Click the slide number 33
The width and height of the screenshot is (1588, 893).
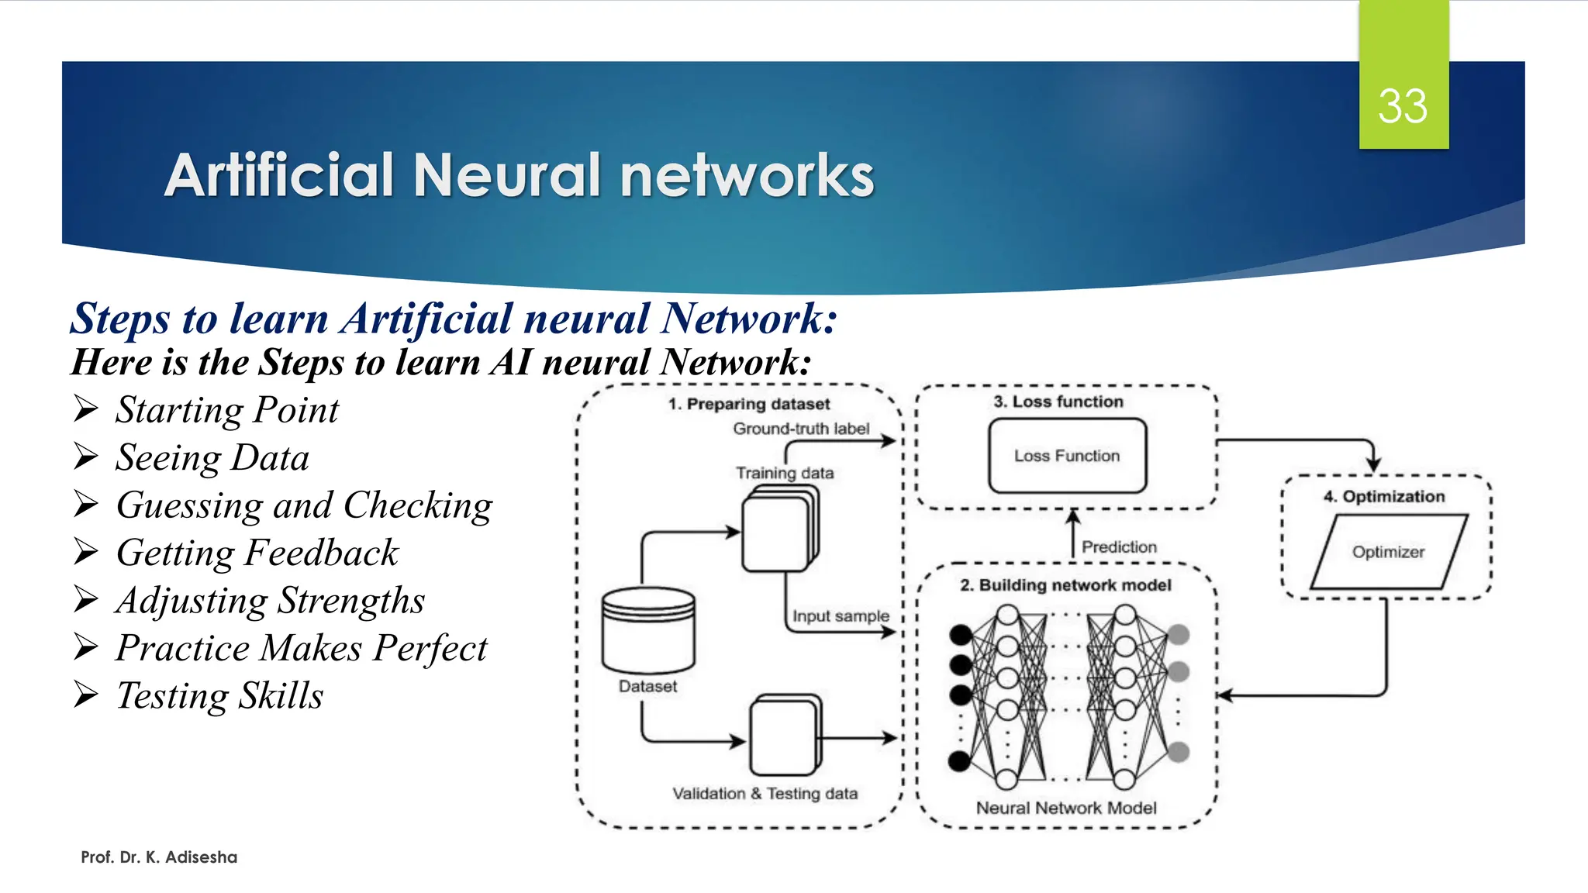(x=1402, y=106)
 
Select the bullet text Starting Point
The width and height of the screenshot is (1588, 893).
(x=226, y=410)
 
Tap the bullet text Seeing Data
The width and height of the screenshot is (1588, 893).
(x=212, y=457)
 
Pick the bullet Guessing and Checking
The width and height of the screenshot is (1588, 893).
(x=304, y=505)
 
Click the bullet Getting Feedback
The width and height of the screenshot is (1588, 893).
(x=257, y=553)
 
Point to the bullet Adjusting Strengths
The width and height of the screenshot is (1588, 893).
(x=270, y=601)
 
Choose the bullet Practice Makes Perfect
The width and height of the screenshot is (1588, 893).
(x=301, y=648)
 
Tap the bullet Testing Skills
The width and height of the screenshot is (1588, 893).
(x=219, y=695)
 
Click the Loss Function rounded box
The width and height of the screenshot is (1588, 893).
(x=1067, y=456)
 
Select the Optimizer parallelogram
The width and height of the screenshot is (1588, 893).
(x=1388, y=552)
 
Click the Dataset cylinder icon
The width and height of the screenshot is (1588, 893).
(x=648, y=629)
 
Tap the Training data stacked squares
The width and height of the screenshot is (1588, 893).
(x=779, y=531)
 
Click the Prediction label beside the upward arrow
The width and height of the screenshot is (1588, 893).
(x=1119, y=547)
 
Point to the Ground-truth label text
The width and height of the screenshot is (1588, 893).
(x=801, y=429)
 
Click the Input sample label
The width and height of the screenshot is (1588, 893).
(x=841, y=616)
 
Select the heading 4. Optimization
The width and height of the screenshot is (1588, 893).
(x=1384, y=497)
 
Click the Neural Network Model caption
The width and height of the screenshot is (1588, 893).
(x=1066, y=808)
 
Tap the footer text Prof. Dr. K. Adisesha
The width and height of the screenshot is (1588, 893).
(x=159, y=857)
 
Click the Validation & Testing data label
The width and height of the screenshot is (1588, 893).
(x=765, y=794)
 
